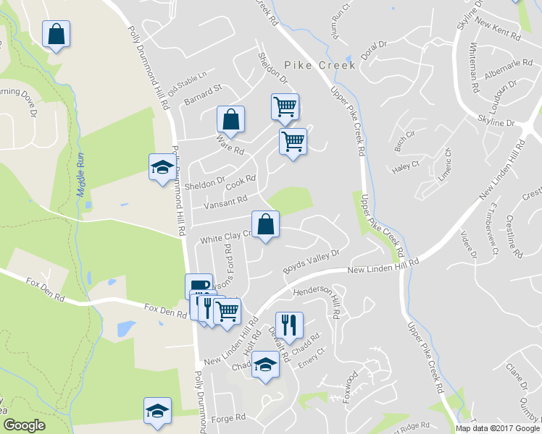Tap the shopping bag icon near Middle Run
tap(55, 34)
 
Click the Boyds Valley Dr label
tap(312, 258)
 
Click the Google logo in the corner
tap(24, 426)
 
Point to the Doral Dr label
tap(374, 49)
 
